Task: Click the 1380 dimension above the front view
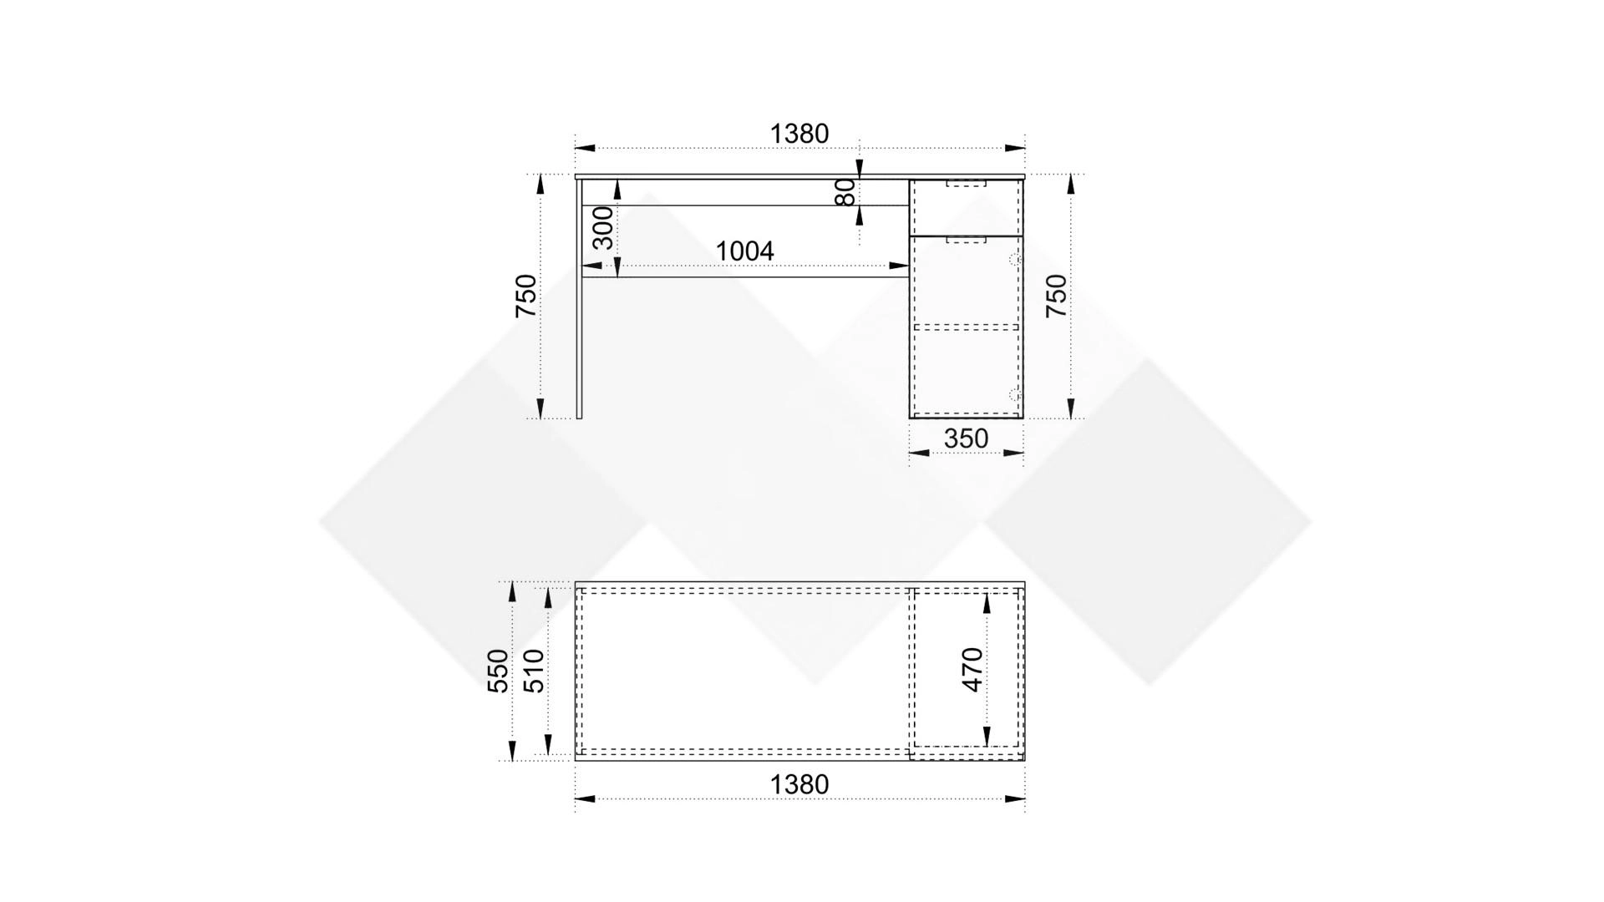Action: click(x=799, y=134)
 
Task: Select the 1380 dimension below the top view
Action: click(x=799, y=784)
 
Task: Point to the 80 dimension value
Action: click(x=845, y=192)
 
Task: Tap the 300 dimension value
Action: click(x=602, y=228)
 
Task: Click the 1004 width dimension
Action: click(x=745, y=251)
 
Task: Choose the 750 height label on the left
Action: click(x=525, y=296)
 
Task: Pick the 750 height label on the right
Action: click(x=1057, y=296)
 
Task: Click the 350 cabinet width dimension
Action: click(x=966, y=438)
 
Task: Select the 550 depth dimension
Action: click(x=498, y=671)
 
